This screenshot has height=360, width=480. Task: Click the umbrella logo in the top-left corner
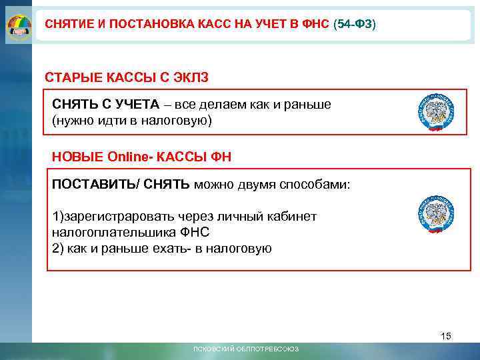pyautogui.click(x=18, y=25)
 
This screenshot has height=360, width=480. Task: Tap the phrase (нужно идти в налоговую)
pyautogui.click(x=132, y=121)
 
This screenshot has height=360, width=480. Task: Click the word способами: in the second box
pyautogui.click(x=317, y=184)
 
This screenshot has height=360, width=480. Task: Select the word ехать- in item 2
pyautogui.click(x=172, y=249)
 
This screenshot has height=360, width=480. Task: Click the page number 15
pyautogui.click(x=446, y=336)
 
